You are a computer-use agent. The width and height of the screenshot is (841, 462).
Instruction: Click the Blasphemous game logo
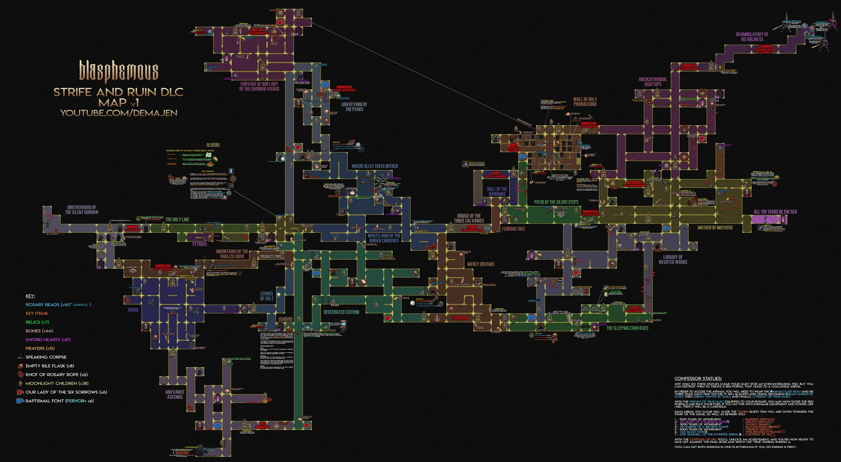tap(119, 71)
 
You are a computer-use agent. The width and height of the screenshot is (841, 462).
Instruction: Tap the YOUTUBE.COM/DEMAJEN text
tap(119, 113)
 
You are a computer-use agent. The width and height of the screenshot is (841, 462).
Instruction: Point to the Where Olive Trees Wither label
tap(375, 166)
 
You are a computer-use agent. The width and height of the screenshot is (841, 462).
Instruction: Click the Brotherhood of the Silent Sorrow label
tap(82, 210)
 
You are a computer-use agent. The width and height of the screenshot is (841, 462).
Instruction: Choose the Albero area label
tap(213, 145)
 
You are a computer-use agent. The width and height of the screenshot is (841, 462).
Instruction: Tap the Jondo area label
tap(133, 310)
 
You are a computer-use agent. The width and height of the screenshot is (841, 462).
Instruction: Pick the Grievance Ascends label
tap(175, 395)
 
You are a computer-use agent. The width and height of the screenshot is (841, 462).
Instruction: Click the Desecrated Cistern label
tap(341, 312)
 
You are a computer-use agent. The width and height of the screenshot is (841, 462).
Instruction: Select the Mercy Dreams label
tap(480, 264)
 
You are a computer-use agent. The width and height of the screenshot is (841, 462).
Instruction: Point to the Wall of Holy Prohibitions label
tap(585, 102)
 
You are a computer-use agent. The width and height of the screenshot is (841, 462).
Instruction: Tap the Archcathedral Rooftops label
tap(653, 82)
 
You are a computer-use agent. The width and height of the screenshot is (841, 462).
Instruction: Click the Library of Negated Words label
tap(673, 260)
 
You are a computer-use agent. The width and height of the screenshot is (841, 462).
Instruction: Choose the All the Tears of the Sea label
tap(775, 212)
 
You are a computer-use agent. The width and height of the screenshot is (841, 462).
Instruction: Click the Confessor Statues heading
tap(698, 379)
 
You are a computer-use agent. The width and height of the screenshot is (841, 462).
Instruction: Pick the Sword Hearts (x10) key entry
tap(48, 340)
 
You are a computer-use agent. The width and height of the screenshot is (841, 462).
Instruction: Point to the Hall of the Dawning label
tap(497, 192)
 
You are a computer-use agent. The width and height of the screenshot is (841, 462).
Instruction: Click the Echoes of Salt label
tap(266, 296)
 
